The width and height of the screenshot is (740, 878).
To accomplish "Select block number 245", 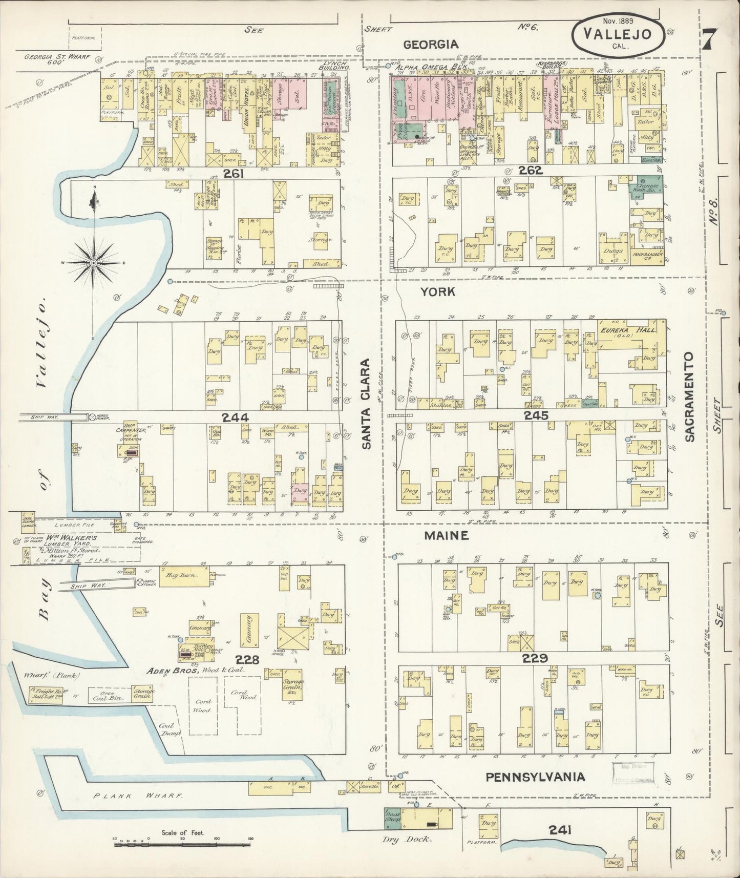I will coord(536,415).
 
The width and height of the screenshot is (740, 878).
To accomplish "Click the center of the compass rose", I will coord(94,263).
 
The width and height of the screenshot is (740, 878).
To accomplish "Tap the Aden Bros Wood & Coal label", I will coord(196,670).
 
